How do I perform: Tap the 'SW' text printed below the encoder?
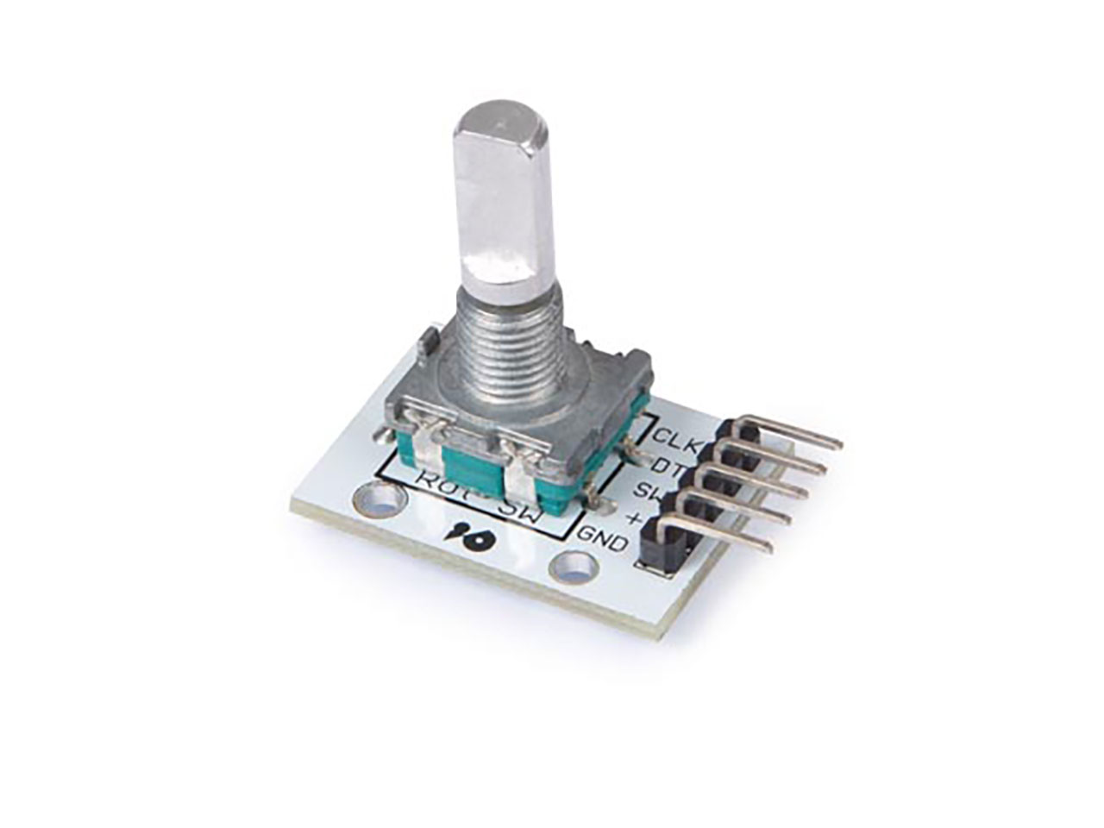pos(518,514)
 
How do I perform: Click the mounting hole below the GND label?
pos(574,568)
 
